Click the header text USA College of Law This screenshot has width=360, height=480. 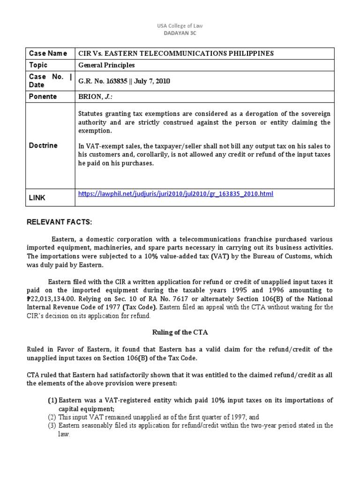(x=180, y=26)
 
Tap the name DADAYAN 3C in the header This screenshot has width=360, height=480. (x=180, y=33)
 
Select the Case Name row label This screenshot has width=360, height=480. (x=48, y=53)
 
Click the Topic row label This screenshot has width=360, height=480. (x=38, y=65)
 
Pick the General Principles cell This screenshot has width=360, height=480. (x=106, y=66)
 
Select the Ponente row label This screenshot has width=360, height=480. (x=43, y=97)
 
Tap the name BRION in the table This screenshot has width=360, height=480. (x=90, y=97)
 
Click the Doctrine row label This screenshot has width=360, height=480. (x=44, y=145)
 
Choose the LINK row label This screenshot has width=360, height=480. (x=37, y=198)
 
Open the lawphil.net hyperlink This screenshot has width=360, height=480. (x=175, y=194)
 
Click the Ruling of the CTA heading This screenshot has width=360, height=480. (x=180, y=332)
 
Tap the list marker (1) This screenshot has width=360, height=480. (x=52, y=400)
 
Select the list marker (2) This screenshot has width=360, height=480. (x=52, y=417)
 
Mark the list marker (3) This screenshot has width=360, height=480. (x=52, y=426)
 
